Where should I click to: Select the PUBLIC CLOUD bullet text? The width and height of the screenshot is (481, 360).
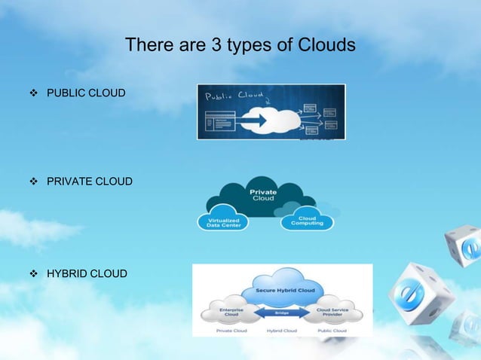tap(86, 93)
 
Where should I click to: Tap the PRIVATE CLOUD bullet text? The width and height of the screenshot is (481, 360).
tap(89, 182)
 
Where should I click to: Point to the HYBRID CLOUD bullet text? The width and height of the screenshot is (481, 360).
tap(87, 273)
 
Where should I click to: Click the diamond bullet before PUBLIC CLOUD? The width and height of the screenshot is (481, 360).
tap(32, 93)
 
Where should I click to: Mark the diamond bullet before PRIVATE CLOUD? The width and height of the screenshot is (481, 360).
tap(32, 182)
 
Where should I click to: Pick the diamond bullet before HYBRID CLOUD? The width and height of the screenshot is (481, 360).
tap(32, 273)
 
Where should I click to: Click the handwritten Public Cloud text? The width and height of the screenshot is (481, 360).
tap(233, 96)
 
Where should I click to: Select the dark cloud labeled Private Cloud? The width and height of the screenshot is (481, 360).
tap(264, 195)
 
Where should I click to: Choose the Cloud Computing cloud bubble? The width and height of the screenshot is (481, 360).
tap(307, 221)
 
